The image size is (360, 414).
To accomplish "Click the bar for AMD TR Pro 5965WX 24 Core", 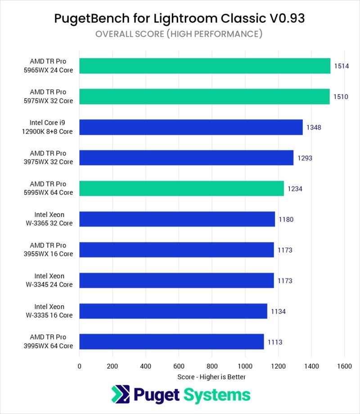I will pos(205,66).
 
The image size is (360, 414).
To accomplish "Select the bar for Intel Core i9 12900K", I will pos(191,127).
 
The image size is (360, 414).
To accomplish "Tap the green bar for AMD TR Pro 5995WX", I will pos(181,189).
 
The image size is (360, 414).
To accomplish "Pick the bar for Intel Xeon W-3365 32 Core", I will pos(177,219).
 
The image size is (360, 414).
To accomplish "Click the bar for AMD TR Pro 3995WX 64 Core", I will pos(171,342).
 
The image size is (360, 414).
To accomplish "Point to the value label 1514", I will pos(342,66).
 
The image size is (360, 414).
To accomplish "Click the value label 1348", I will pos(314,127).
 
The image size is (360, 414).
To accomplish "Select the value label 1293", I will pos(305,158).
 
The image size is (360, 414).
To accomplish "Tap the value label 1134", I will pos(278,311).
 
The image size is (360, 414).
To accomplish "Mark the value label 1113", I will pos(274,342).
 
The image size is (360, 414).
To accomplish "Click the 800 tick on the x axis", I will pos(212,366).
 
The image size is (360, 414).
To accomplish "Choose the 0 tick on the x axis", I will pos(80,366).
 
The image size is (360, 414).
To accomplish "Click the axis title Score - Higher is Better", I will pos(211,376).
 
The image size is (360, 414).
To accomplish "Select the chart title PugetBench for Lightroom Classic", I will pos(180,18).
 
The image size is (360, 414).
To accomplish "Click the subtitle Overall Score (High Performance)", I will pos(180,34).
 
